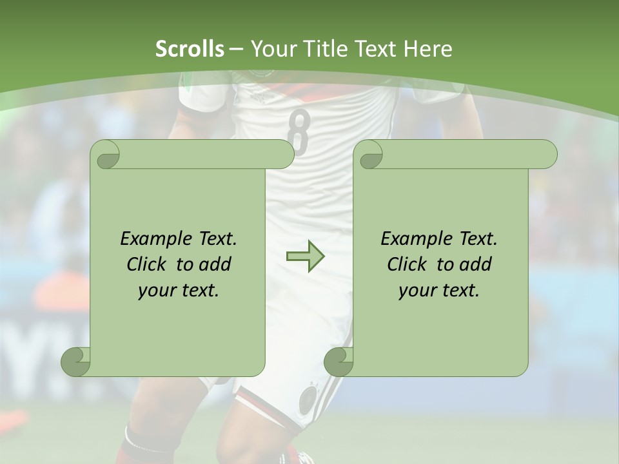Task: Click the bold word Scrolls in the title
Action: tap(190, 49)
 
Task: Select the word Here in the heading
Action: tap(427, 49)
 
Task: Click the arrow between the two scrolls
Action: tap(305, 257)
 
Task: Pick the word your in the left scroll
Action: tap(155, 291)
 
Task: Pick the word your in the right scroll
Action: tap(416, 291)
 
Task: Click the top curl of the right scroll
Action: tap(369, 155)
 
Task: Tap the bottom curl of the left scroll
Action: tap(76, 362)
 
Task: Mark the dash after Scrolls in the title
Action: tap(237, 49)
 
